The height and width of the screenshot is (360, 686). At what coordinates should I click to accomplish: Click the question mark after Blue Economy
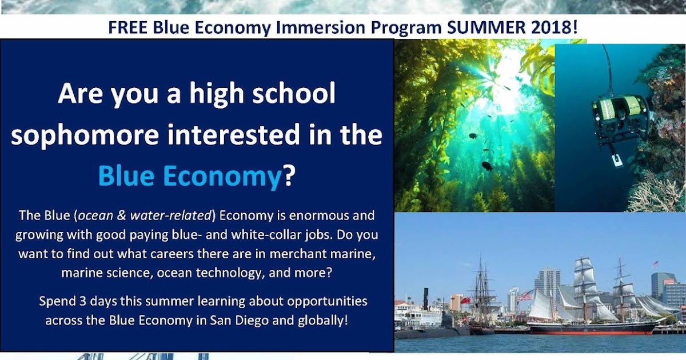click(x=289, y=176)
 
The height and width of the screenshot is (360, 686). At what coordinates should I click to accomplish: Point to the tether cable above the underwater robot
click(x=607, y=69)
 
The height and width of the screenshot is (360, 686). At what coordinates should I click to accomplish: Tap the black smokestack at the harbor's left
click(x=425, y=298)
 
